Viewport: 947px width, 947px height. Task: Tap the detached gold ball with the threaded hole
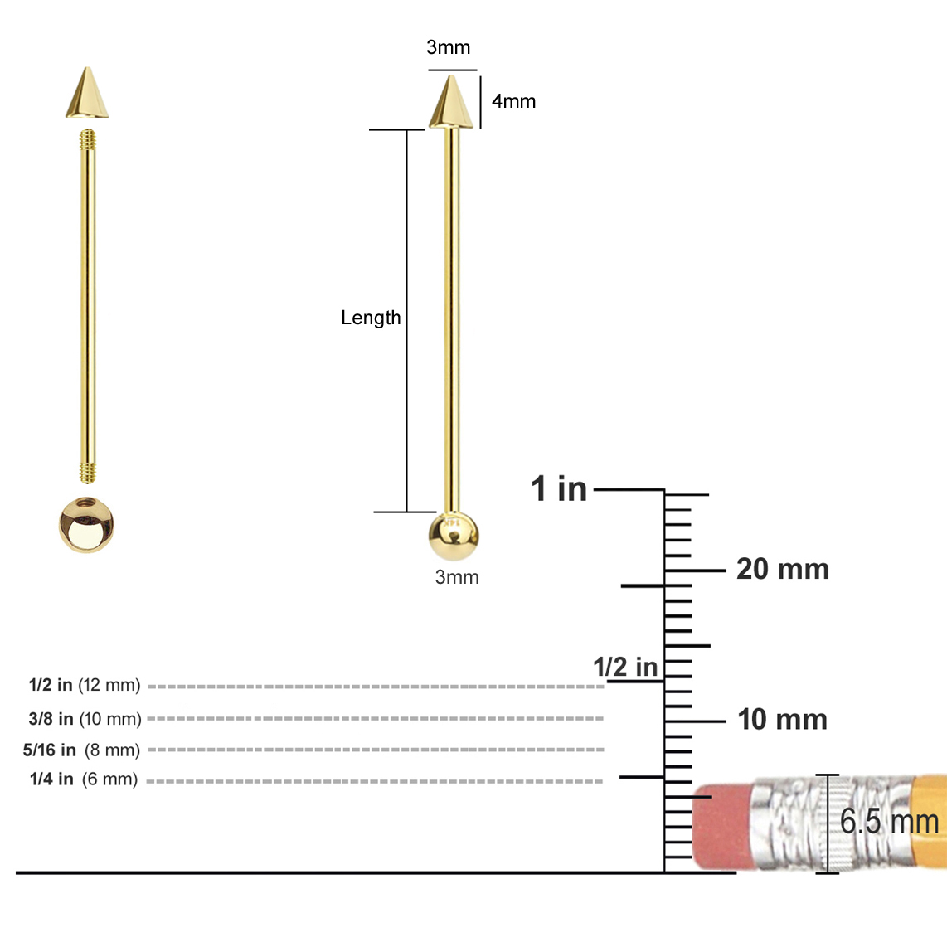(x=86, y=524)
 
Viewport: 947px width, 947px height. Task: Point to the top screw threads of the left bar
(x=87, y=140)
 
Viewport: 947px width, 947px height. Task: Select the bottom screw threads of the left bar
(x=87, y=473)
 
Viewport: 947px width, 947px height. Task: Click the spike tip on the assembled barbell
(x=451, y=103)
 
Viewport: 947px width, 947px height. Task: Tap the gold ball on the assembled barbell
(x=454, y=537)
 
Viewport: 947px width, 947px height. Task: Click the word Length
(x=371, y=318)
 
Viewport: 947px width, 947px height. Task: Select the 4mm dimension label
(x=513, y=101)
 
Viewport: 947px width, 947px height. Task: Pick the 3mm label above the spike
(x=448, y=47)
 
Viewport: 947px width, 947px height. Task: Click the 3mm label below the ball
(x=457, y=577)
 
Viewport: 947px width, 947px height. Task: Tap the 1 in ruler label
(x=559, y=488)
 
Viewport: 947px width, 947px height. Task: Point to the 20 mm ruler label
(x=782, y=569)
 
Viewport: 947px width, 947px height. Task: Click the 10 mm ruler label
(x=782, y=719)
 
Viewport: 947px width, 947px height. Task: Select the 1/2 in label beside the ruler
(x=624, y=667)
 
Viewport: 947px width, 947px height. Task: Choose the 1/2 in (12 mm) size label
(x=85, y=685)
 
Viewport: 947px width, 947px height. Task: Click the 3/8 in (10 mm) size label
(x=85, y=718)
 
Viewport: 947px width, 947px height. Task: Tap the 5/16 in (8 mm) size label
(x=81, y=750)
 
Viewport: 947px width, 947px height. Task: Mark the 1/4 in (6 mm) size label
(x=84, y=779)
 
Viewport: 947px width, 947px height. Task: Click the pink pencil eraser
(x=721, y=825)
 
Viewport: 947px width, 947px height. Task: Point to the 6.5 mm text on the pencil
(x=889, y=822)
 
